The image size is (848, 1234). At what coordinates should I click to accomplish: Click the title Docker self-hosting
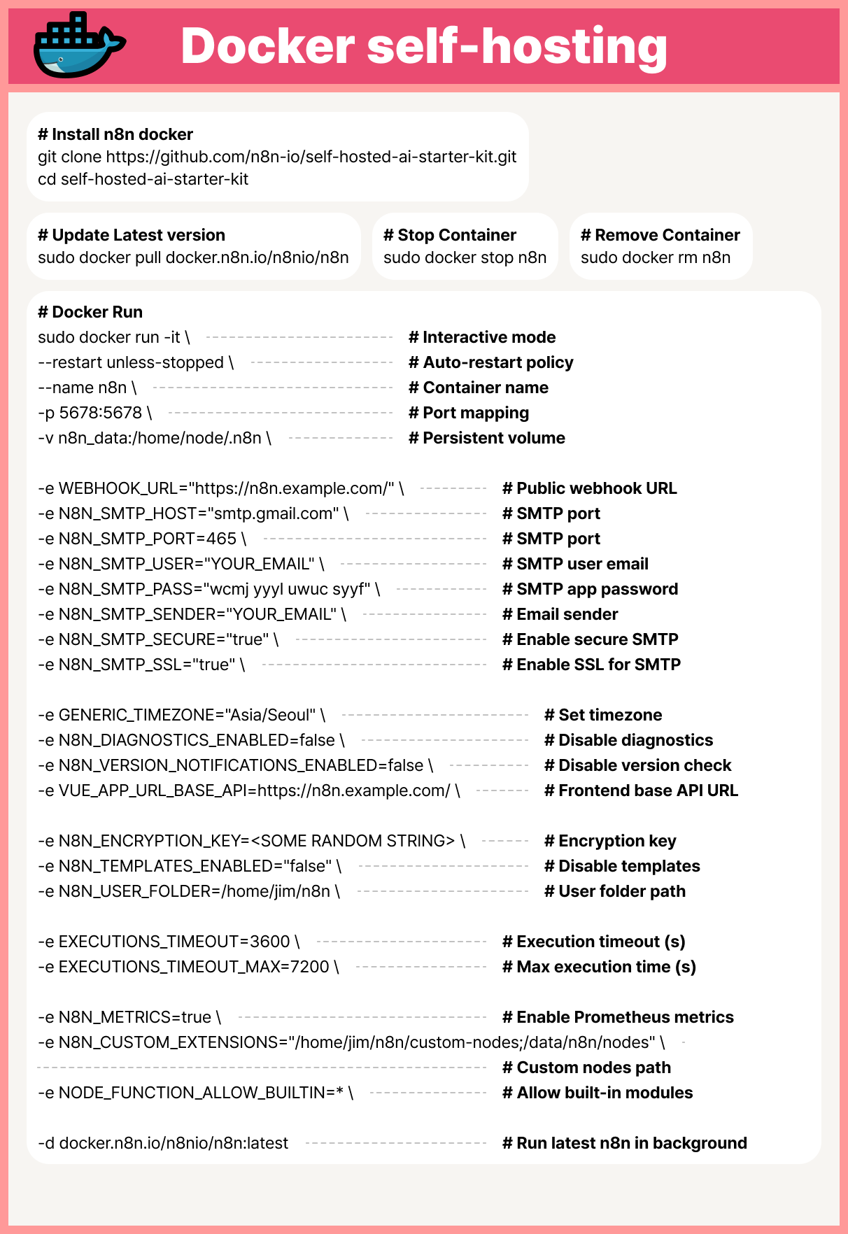click(x=424, y=46)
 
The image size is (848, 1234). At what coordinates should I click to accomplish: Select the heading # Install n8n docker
click(x=115, y=134)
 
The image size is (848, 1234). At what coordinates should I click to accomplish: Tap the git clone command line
click(x=277, y=157)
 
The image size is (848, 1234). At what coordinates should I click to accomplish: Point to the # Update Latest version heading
click(x=132, y=235)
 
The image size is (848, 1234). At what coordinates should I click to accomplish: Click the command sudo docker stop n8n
click(x=465, y=257)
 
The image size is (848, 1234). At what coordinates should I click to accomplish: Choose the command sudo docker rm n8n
click(x=656, y=257)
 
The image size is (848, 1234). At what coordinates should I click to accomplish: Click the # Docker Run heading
click(x=90, y=312)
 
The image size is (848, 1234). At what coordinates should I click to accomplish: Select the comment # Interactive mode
click(x=482, y=337)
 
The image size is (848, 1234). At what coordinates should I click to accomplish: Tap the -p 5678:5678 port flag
click(x=94, y=413)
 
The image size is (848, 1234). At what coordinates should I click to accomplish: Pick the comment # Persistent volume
click(x=487, y=438)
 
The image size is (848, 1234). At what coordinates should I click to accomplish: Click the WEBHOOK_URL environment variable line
click(x=220, y=488)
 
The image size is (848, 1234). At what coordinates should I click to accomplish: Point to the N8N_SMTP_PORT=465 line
click(x=142, y=539)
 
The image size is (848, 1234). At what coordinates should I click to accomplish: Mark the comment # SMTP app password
click(x=590, y=589)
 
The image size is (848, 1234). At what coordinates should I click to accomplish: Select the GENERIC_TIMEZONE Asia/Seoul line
click(x=181, y=715)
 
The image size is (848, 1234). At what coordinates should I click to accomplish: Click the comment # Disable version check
click(x=637, y=765)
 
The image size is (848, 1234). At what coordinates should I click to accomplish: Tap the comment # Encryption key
click(x=610, y=841)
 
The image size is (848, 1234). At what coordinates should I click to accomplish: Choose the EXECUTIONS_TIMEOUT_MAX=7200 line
click(x=188, y=967)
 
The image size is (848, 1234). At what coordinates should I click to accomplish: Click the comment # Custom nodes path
click(x=586, y=1068)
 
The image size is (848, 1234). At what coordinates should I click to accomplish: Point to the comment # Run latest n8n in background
click(x=624, y=1143)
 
